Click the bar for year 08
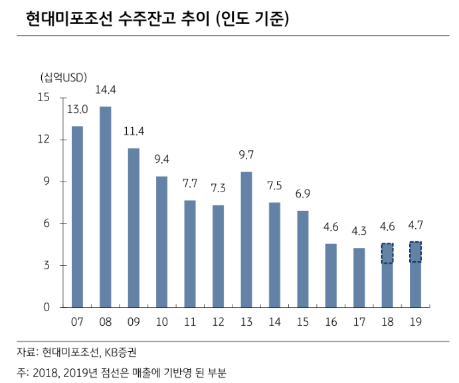(x=106, y=207)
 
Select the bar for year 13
(x=246, y=239)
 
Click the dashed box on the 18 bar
(x=387, y=253)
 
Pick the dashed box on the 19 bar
(x=415, y=252)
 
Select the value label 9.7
(x=246, y=156)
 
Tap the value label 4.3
(x=359, y=231)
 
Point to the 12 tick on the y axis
(x=44, y=140)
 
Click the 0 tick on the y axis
(x=46, y=307)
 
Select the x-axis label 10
(x=162, y=322)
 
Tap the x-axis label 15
(x=303, y=322)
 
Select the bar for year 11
(x=190, y=253)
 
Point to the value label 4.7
(x=416, y=226)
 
